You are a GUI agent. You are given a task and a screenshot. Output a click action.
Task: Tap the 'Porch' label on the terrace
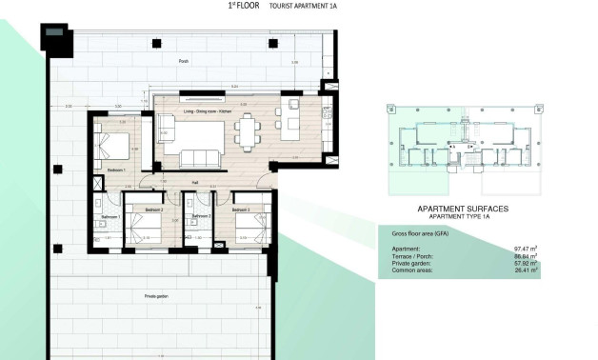(x=184, y=60)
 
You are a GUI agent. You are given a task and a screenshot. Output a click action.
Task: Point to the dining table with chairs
(x=249, y=130)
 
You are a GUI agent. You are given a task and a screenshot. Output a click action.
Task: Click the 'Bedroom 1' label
(x=116, y=170)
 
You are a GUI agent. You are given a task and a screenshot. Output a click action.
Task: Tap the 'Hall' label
(x=194, y=181)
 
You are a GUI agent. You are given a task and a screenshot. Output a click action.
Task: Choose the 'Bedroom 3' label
(x=241, y=210)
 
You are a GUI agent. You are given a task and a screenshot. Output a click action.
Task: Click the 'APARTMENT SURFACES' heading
(x=463, y=208)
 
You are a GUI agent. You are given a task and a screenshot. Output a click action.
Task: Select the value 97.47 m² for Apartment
(x=525, y=248)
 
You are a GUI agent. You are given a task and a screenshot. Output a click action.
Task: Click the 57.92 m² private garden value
(x=525, y=263)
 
